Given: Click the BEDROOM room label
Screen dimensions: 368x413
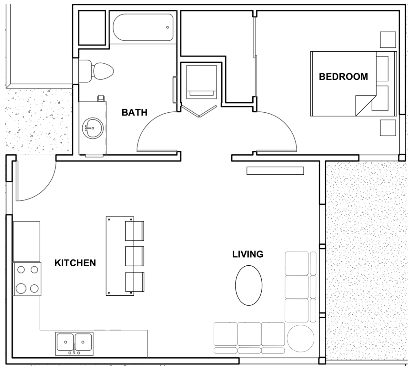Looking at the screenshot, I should click(343, 77).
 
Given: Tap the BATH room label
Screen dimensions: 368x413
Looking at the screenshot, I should click(134, 112).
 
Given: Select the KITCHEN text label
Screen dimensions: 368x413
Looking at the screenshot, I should click(75, 263).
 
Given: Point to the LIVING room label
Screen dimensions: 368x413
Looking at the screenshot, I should click(248, 254).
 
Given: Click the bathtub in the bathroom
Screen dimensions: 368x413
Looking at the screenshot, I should click(143, 27).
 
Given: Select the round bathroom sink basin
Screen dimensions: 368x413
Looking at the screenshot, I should click(93, 128).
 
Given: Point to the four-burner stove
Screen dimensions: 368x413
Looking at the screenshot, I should click(27, 279).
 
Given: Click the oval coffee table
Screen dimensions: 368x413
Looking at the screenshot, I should click(248, 285).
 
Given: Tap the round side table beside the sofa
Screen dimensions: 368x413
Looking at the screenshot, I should click(300, 338).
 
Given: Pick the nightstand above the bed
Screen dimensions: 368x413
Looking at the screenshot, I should click(388, 40).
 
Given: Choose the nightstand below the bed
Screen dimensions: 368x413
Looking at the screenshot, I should click(388, 128).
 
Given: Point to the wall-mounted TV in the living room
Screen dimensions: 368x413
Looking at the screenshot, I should click(275, 171).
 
